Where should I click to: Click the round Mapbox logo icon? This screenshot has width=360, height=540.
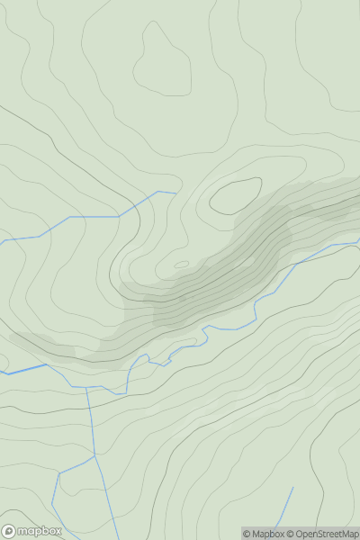pos(10,531)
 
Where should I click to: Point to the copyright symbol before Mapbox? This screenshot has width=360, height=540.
pos(247,534)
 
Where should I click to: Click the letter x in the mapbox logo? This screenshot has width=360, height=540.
pos(58,531)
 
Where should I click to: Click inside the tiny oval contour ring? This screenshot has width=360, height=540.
pos(182,265)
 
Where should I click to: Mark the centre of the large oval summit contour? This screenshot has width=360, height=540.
pos(236,195)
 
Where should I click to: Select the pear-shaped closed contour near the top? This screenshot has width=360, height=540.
pos(162,61)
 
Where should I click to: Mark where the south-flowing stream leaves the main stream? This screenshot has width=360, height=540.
pos(88,387)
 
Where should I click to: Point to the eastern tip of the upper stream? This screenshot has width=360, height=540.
pos(175,192)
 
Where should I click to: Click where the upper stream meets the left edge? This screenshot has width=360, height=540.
pos(2,241)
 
